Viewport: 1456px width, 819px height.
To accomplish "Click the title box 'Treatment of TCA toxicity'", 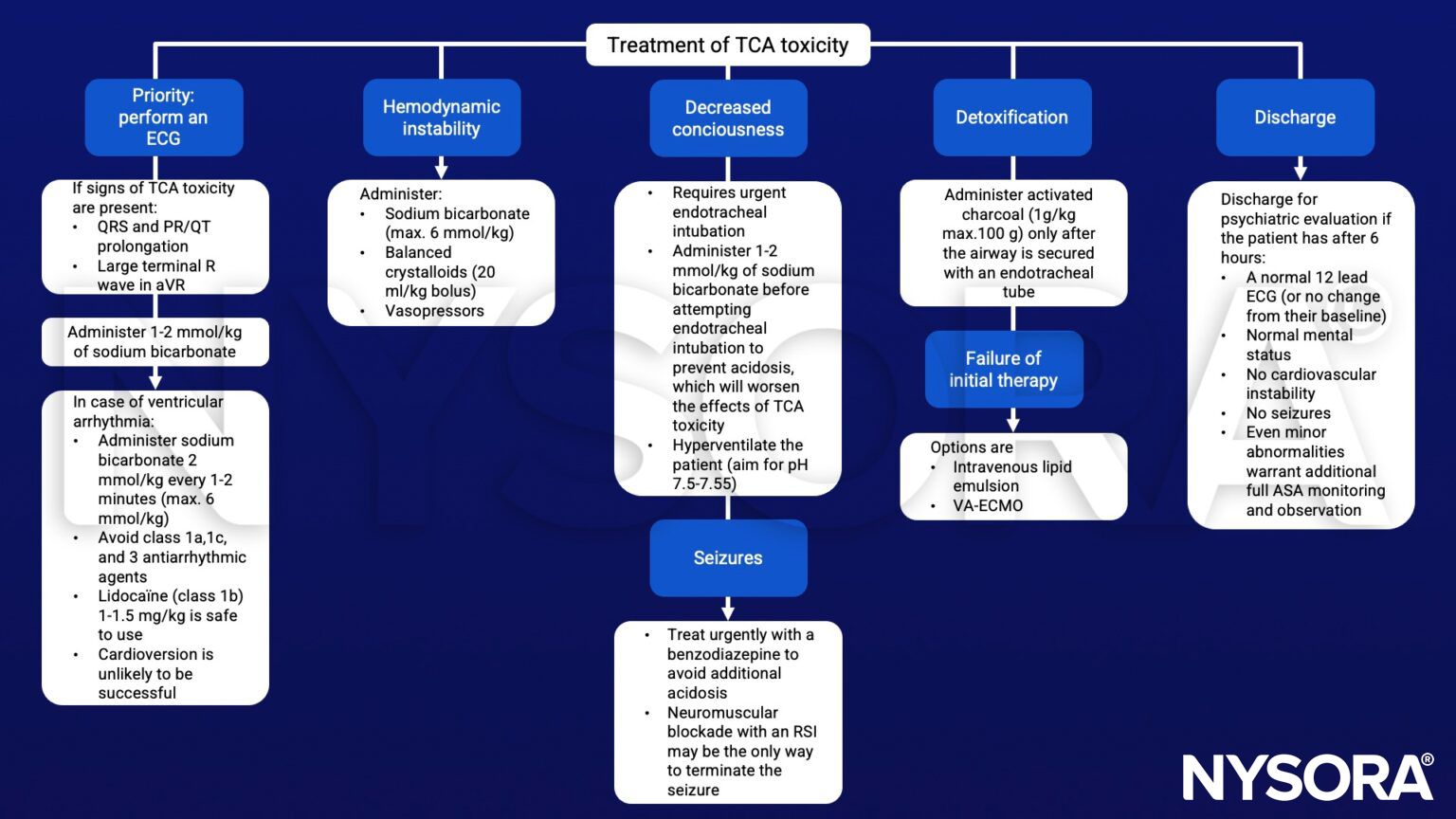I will click(x=727, y=45).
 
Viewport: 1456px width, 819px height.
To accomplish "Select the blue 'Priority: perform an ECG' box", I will click(x=163, y=117).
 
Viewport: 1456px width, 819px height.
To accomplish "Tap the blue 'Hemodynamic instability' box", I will click(x=441, y=118).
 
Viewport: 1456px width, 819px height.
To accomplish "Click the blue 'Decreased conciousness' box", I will click(x=727, y=118).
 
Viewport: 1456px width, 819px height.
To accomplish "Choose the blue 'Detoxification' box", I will click(x=1011, y=118).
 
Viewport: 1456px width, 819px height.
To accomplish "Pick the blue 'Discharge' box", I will click(x=1294, y=118).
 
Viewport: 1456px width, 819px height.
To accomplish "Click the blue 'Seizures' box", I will click(x=727, y=557).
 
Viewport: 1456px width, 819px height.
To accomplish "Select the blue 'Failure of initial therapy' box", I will click(x=1003, y=369).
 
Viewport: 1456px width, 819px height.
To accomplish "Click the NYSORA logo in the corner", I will click(x=1307, y=776).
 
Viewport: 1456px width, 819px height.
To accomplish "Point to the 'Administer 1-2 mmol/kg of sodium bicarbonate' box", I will click(x=155, y=342).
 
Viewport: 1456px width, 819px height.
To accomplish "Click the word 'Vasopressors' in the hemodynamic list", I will click(x=434, y=311).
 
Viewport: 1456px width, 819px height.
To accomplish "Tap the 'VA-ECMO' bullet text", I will click(x=988, y=505).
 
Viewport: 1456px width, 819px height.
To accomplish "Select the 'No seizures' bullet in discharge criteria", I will click(x=1287, y=413).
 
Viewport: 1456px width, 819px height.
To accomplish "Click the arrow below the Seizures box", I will click(x=727, y=610).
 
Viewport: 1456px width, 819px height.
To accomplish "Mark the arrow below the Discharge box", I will click(x=1300, y=170).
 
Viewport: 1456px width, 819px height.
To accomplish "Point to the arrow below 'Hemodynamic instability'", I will click(x=441, y=169).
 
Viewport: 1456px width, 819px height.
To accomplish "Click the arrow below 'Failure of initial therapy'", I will click(x=1012, y=421).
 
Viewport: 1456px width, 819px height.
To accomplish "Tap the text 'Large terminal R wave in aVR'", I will click(x=155, y=275).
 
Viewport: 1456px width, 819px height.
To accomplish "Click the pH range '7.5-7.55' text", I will click(x=704, y=483).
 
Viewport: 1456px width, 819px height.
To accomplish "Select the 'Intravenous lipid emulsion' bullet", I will click(x=1011, y=476).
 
